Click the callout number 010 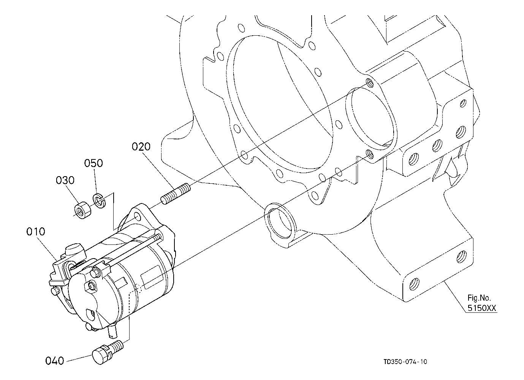(36, 231)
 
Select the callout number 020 (141, 147)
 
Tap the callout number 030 (65, 180)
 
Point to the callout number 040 (55, 360)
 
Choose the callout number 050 (93, 163)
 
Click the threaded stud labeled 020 (175, 194)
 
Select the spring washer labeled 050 (98, 201)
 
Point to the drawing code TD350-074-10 (405, 362)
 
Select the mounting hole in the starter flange (137, 217)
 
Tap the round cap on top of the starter (74, 251)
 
